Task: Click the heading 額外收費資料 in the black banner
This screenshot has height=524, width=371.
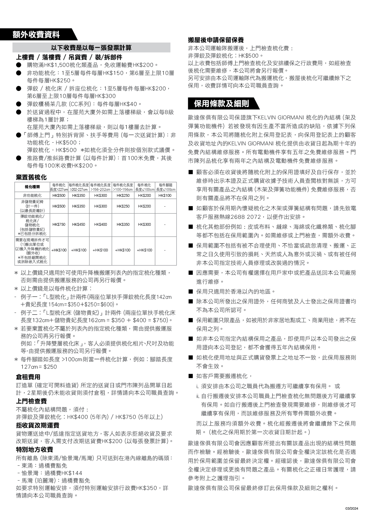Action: [36, 35]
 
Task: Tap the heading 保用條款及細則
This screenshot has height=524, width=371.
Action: [221, 104]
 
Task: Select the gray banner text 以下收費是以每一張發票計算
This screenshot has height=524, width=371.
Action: [91, 48]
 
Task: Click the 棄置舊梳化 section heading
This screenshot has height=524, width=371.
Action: [31, 177]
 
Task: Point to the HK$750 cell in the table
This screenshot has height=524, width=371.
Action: [59, 225]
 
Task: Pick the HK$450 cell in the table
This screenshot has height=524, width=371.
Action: [79, 225]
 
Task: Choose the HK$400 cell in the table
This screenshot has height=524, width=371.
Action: [100, 225]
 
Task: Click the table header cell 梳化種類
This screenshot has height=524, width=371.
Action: [32, 187]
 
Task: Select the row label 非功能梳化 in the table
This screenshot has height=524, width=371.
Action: [32, 196]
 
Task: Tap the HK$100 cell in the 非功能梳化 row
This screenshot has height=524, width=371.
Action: [165, 196]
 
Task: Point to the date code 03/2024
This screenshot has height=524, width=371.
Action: [352, 508]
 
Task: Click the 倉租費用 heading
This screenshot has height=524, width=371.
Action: [28, 377]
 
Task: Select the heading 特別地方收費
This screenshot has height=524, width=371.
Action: [34, 450]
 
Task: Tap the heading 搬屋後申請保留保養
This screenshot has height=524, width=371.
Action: [216, 40]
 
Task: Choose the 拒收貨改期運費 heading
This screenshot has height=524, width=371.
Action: [38, 425]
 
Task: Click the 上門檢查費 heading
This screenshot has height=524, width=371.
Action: [31, 401]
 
